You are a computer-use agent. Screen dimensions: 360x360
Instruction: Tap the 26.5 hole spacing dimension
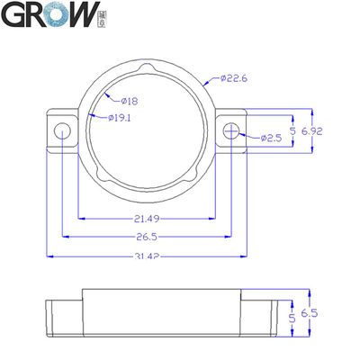pyautogui.click(x=148, y=238)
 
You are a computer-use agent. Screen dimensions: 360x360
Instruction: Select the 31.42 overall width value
pyautogui.click(x=148, y=257)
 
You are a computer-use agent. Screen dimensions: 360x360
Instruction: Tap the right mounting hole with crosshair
pyautogui.click(x=232, y=131)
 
